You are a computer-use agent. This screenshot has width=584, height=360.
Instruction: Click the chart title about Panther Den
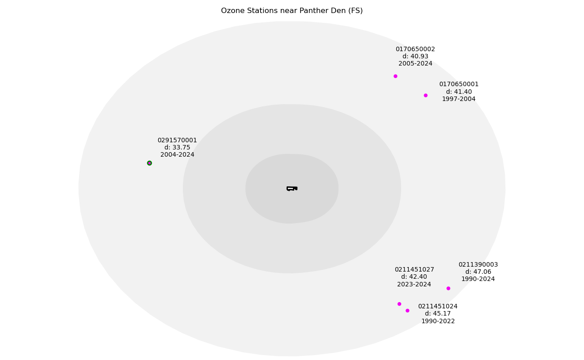click(x=292, y=11)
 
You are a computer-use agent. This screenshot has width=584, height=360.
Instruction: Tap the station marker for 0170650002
click(x=395, y=76)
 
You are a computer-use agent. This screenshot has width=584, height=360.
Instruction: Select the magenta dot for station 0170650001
click(x=425, y=95)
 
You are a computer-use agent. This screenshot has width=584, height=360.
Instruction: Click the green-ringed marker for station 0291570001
click(x=150, y=163)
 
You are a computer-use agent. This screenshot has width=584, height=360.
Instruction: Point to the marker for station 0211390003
click(x=448, y=288)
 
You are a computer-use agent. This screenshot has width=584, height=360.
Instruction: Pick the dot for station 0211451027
click(x=399, y=304)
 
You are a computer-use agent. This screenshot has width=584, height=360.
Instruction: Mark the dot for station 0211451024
click(x=407, y=311)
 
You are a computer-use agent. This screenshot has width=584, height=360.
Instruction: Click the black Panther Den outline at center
click(x=292, y=189)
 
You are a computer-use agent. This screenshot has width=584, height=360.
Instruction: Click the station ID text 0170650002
click(x=415, y=49)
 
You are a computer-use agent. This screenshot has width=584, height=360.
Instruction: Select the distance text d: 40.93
click(x=415, y=57)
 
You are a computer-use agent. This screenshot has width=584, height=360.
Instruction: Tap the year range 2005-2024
click(x=415, y=64)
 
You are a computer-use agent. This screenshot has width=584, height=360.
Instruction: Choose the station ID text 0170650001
click(x=459, y=84)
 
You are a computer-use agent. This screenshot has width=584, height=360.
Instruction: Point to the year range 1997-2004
click(x=459, y=99)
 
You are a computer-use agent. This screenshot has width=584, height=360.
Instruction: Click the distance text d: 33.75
click(x=177, y=148)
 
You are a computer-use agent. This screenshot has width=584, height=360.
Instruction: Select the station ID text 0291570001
click(x=177, y=140)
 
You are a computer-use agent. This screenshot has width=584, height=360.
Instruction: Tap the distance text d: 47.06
click(x=478, y=272)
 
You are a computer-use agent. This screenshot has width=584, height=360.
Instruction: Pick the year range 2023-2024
click(x=414, y=284)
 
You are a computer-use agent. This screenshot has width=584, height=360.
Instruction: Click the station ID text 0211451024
click(x=438, y=307)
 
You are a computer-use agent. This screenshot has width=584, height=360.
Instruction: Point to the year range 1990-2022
click(x=438, y=321)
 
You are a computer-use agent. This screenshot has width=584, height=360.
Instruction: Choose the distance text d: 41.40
click(x=459, y=92)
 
